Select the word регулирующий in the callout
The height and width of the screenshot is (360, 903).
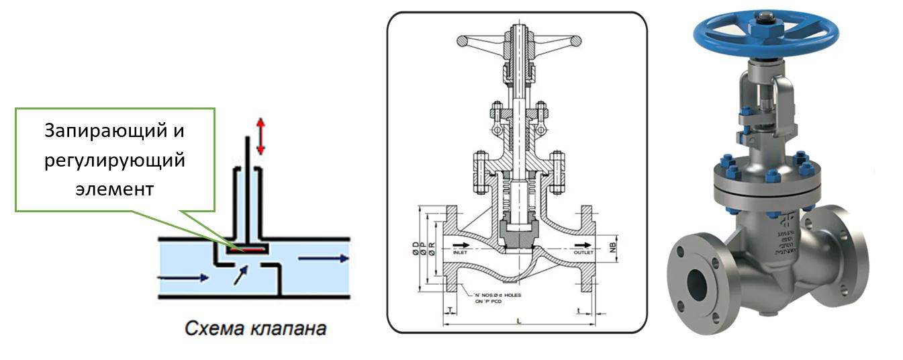115,161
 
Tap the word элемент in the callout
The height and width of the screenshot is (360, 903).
115,189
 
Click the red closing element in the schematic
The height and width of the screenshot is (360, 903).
247,249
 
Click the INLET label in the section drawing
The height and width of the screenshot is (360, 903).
463,253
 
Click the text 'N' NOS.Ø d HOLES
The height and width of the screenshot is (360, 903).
495,296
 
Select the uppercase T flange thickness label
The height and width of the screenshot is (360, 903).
448,310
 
